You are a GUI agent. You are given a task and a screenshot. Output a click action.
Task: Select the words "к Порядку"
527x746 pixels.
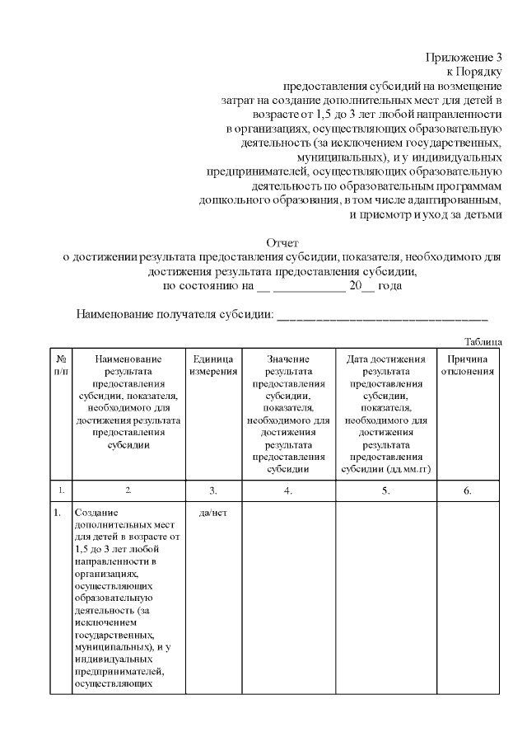tap(475, 72)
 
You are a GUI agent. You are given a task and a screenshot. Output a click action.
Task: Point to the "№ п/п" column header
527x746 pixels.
tap(61, 365)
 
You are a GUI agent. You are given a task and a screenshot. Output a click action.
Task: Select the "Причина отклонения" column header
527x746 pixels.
tap(467, 365)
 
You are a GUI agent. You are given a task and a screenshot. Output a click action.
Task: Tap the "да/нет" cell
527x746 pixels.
tap(213, 512)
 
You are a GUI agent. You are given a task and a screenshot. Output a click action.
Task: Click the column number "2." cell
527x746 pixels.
tap(128, 490)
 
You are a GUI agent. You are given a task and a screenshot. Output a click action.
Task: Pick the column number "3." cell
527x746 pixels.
tap(213, 491)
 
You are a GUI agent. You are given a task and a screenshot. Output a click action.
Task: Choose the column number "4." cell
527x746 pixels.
tap(287, 491)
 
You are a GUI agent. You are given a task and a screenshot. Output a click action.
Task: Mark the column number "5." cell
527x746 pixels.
tap(385, 491)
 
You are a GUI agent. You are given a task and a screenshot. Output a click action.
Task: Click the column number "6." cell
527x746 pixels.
tap(467, 491)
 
